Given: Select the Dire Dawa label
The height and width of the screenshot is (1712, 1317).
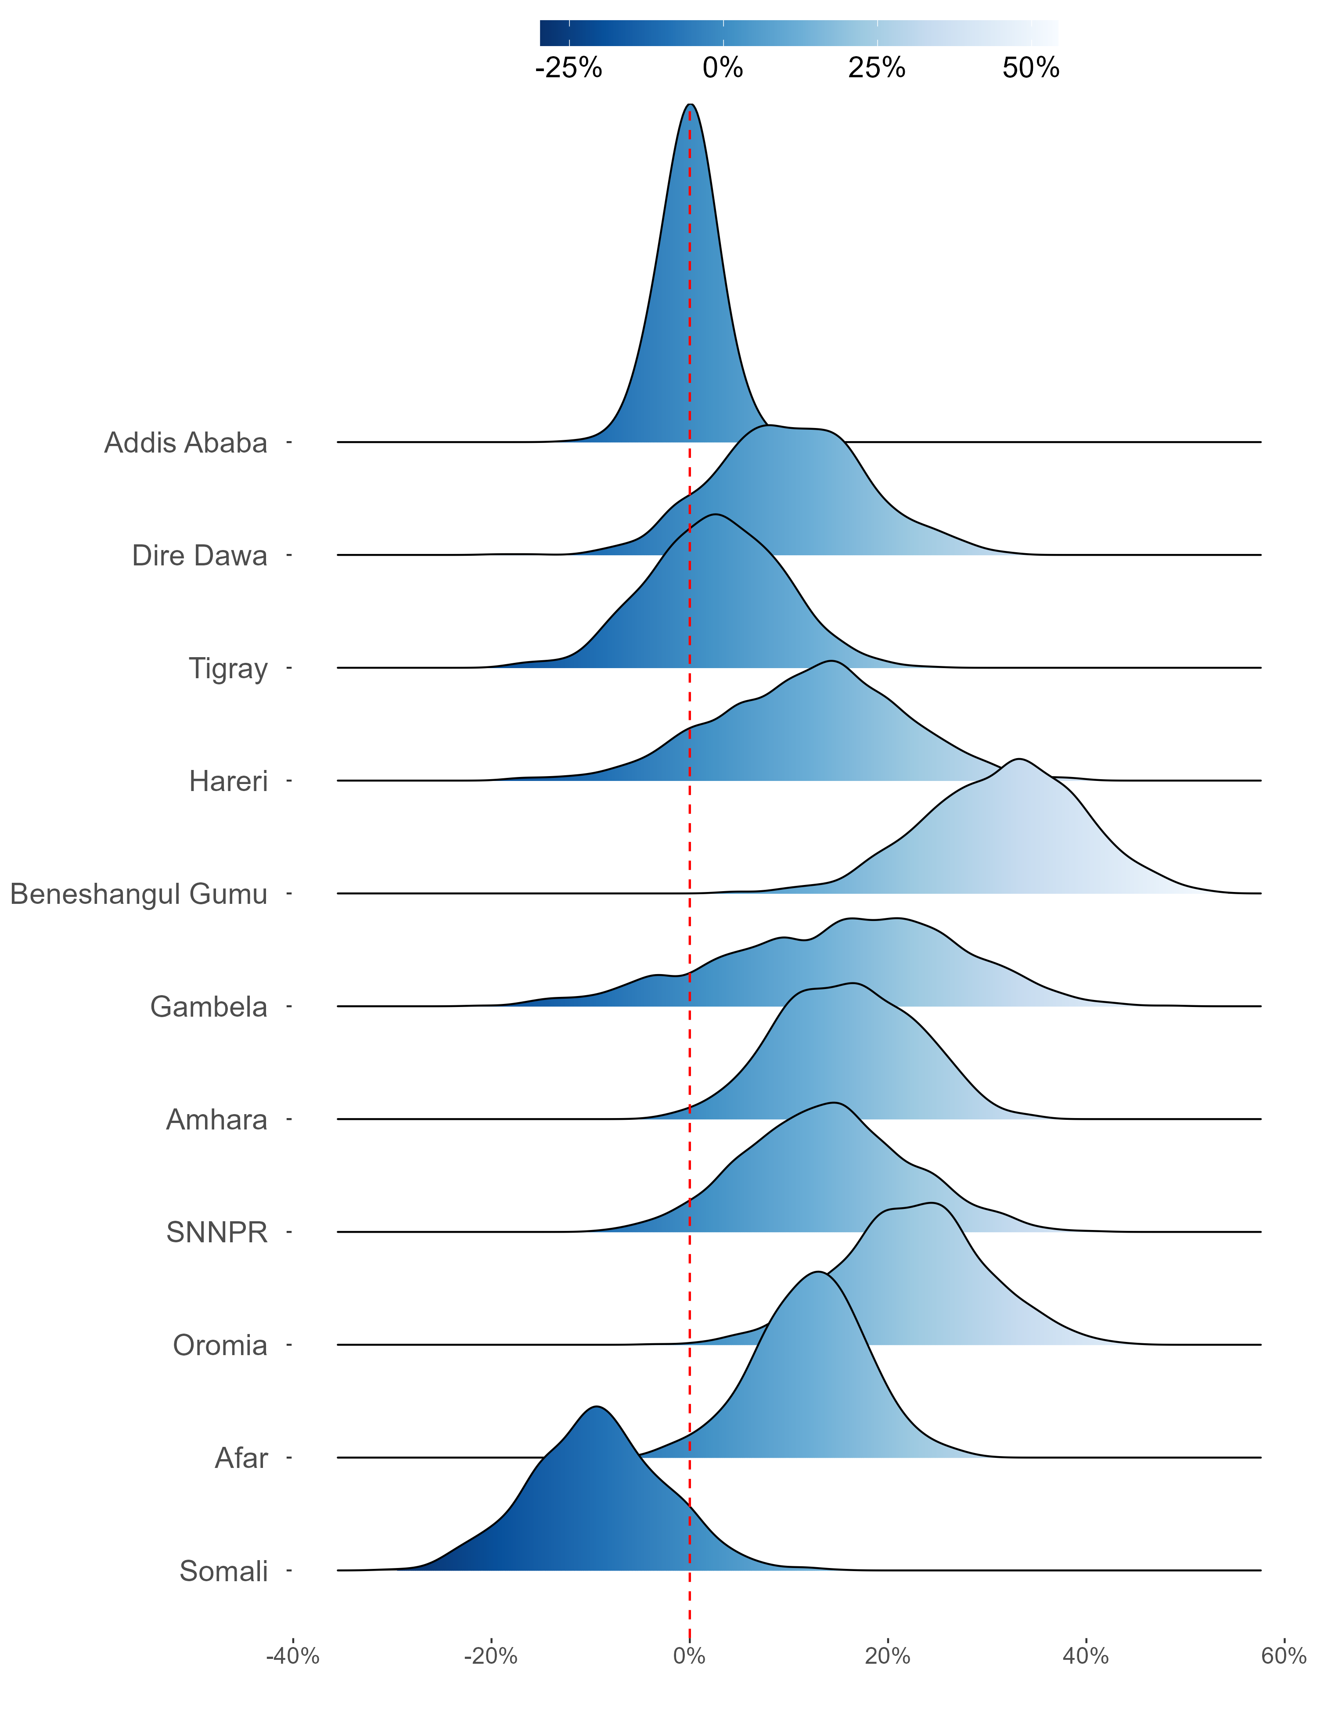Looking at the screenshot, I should point(199,556).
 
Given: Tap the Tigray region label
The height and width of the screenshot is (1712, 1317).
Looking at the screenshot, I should point(228,669).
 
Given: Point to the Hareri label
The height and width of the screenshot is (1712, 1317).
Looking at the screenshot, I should point(228,781).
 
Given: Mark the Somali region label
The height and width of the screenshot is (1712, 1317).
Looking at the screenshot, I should point(223,1572).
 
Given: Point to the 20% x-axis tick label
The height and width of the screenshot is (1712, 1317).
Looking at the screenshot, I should point(887,1656).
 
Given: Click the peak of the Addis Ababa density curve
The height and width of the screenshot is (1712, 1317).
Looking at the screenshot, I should point(690,104).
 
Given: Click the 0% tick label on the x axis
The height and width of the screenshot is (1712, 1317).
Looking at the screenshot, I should point(690,1656).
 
